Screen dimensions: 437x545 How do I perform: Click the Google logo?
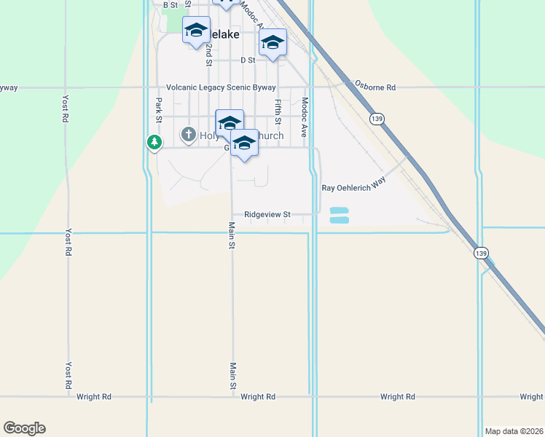click(24, 428)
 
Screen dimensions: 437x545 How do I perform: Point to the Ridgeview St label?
click(267, 215)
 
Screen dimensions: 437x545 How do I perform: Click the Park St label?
click(158, 111)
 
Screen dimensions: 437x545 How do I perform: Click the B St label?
click(170, 5)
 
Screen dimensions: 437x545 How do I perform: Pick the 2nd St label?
click(208, 55)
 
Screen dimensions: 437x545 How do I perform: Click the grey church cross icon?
click(189, 135)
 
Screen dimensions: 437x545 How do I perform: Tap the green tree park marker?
click(154, 142)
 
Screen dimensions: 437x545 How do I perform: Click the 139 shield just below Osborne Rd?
click(377, 119)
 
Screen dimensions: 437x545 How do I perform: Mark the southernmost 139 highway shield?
click(479, 253)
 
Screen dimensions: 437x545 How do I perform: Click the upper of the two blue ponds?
click(340, 210)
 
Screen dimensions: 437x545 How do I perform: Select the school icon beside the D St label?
click(272, 43)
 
